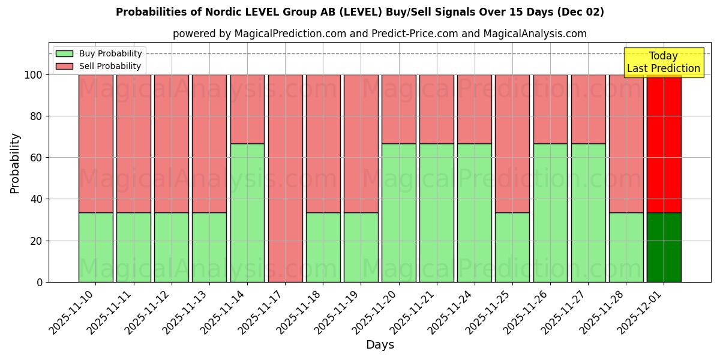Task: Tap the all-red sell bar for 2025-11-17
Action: click(x=285, y=178)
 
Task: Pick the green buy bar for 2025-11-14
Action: click(x=247, y=212)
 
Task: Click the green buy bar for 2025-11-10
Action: click(x=95, y=247)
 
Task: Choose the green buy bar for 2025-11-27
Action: click(x=588, y=212)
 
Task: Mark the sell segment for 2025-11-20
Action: click(x=398, y=109)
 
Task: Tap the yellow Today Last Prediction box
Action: click(x=663, y=62)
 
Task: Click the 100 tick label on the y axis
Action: click(x=34, y=75)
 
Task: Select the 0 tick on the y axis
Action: click(x=40, y=282)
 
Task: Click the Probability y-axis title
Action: click(x=15, y=163)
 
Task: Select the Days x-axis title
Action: click(x=380, y=345)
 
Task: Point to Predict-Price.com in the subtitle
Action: click(x=415, y=34)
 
